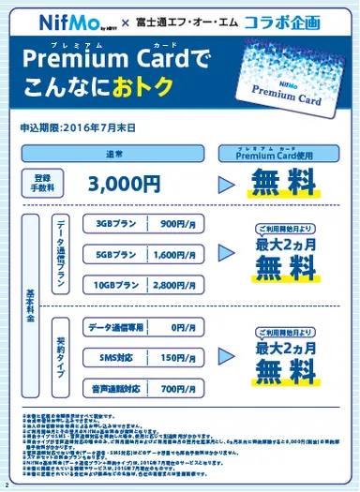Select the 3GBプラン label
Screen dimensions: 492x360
[x=114, y=225]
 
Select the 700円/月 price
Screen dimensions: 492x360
[x=176, y=386]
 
